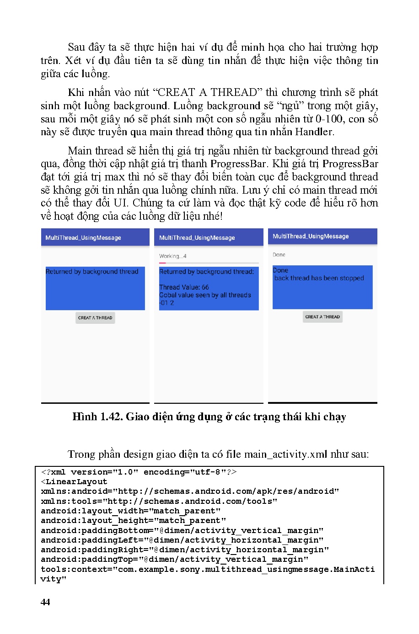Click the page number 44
pos(45,602)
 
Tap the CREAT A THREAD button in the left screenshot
pos(95,318)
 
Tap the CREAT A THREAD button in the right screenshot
pos(322,317)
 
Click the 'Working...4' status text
pos(173,256)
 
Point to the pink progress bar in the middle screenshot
pos(162,263)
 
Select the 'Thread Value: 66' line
pos(184,287)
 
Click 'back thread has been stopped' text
pos(319,278)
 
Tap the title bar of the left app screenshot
pos(95,238)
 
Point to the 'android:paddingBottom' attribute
pos(97,531)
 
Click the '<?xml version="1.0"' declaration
pos(90,472)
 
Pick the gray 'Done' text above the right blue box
pos(279,255)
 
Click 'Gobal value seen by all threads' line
pos(205,295)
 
